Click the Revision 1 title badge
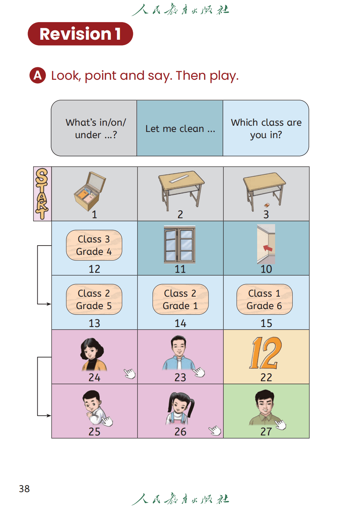tap(80, 34)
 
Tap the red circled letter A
tap(38, 75)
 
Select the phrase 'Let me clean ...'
tap(180, 128)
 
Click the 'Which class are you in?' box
tap(266, 128)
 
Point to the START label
tap(42, 194)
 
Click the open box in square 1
tap(90, 191)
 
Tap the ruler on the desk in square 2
tap(179, 179)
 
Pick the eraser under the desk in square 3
tap(267, 205)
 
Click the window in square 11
tap(180, 244)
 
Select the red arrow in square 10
tap(268, 248)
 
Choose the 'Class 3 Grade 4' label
tap(94, 245)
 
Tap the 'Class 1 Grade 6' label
tap(264, 299)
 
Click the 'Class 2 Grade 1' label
tap(180, 299)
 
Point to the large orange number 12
tap(265, 353)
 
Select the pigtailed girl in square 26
tap(180, 408)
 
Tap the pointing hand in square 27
tap(280, 424)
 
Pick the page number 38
tap(24, 489)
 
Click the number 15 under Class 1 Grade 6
tap(266, 323)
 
